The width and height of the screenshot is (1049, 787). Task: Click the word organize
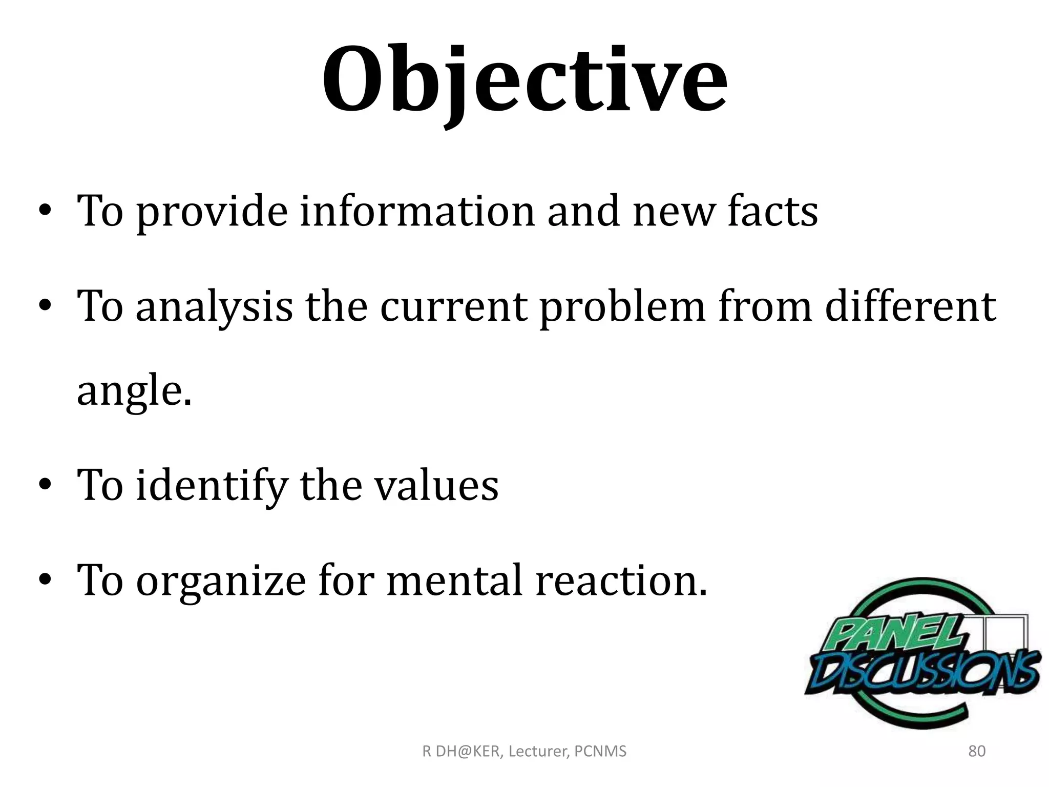pyautogui.click(x=221, y=581)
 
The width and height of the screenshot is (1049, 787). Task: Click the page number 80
pyautogui.click(x=977, y=751)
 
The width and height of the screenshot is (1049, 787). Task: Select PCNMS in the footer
pyautogui.click(x=600, y=751)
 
